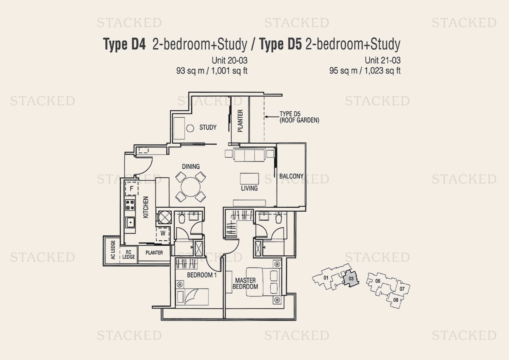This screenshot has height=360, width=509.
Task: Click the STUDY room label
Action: [x=208, y=127]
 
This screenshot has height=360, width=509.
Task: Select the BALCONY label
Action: [x=291, y=176]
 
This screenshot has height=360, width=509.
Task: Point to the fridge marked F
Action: [x=131, y=189]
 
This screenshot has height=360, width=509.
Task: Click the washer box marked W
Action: [x=163, y=233]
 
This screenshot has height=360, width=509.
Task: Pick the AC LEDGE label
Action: [x=113, y=250]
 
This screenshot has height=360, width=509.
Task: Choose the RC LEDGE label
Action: [x=128, y=255]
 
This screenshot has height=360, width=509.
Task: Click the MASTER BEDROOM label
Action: [x=245, y=284]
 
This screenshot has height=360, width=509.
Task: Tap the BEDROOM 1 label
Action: [x=202, y=275]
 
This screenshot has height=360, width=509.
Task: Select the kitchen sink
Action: [x=130, y=223]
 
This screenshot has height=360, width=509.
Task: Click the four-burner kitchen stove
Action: [x=130, y=205]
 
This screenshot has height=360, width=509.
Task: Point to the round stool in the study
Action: [x=190, y=128]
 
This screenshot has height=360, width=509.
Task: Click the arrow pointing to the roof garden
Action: [x=271, y=117]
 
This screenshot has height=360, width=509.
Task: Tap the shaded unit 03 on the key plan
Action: [x=351, y=279]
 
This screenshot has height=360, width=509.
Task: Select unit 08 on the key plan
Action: [x=396, y=300]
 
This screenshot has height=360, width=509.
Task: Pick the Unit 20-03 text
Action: [x=229, y=60]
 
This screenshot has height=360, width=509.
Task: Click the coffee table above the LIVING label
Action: [x=249, y=178]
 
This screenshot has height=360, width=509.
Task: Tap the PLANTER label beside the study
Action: [x=240, y=121]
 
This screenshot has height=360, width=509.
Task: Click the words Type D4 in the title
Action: [x=124, y=44]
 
